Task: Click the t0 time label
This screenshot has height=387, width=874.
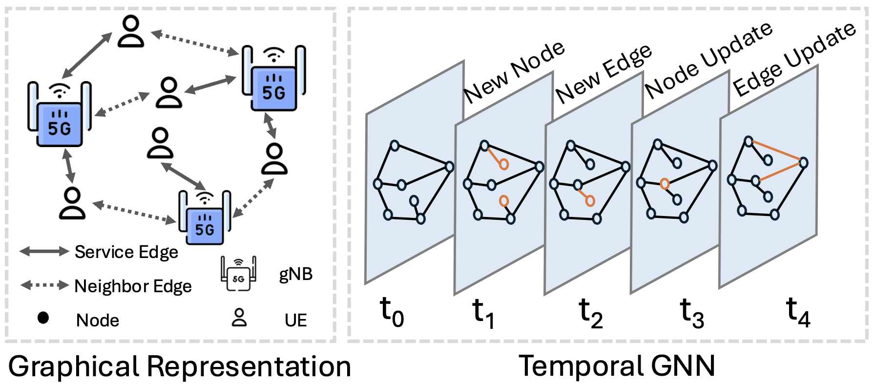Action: [392, 312]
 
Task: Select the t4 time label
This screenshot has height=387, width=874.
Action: [798, 312]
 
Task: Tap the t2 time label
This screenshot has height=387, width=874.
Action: [590, 313]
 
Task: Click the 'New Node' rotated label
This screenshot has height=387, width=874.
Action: [514, 72]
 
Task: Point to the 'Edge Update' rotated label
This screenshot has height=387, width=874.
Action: [794, 59]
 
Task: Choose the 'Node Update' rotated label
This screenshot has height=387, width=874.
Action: [708, 60]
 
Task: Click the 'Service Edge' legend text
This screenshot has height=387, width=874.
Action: [126, 252]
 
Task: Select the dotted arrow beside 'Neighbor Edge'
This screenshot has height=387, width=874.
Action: [44, 285]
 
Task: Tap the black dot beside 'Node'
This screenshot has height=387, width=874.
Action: [43, 318]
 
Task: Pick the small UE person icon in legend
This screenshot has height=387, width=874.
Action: [239, 318]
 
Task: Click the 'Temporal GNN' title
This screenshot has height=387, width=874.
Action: [617, 366]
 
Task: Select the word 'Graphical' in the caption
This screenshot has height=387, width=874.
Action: [73, 366]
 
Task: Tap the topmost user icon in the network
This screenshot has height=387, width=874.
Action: [131, 31]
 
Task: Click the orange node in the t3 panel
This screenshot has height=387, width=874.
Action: [664, 184]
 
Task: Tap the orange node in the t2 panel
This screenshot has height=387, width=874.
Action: [590, 200]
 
